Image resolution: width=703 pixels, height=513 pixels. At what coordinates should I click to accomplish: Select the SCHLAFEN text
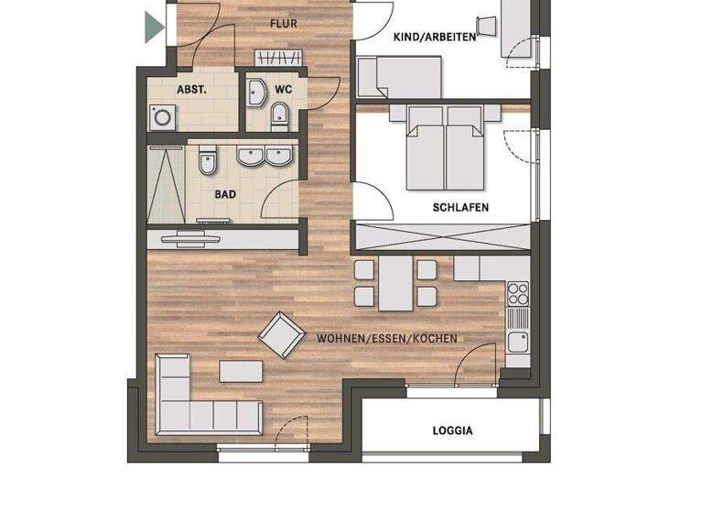(x=460, y=208)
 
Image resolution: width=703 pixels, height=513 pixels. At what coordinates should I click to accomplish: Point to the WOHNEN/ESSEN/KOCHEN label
(x=386, y=339)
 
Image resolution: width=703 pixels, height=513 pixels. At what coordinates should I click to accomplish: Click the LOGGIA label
(x=452, y=430)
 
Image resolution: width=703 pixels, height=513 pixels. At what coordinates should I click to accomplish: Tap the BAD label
(x=225, y=195)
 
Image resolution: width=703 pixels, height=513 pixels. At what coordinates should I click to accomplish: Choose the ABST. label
(x=191, y=91)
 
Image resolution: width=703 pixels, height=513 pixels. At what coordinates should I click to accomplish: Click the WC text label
(x=284, y=90)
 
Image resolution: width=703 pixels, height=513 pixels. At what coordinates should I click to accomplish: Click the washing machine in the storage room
(x=162, y=117)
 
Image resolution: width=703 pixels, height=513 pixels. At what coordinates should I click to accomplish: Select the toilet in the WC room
(x=280, y=115)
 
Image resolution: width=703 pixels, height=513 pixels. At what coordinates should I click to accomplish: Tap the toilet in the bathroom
(x=207, y=161)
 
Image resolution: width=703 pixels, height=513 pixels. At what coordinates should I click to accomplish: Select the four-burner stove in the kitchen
(x=518, y=294)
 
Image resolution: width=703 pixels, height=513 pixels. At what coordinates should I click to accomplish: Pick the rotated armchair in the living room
(x=281, y=335)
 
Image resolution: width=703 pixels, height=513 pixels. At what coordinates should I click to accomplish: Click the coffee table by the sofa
(x=241, y=371)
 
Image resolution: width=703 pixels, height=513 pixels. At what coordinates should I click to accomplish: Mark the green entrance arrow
(x=154, y=27)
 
